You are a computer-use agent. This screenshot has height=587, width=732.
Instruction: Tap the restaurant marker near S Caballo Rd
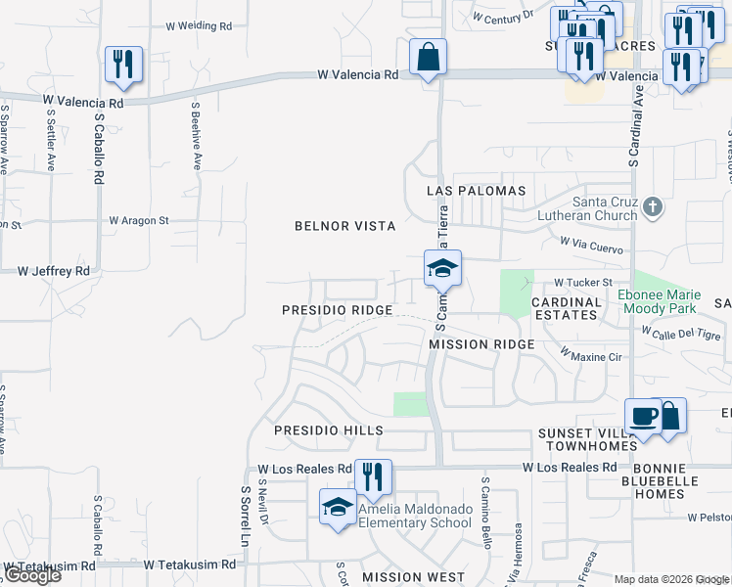click(123, 66)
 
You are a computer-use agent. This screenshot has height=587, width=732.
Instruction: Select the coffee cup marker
click(643, 417)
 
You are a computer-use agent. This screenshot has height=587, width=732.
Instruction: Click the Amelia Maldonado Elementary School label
click(415, 516)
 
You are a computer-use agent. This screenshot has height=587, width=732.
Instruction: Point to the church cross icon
click(654, 206)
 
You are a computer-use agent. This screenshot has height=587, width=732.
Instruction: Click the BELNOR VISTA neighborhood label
click(345, 226)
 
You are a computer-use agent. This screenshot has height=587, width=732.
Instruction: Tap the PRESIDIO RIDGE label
click(337, 310)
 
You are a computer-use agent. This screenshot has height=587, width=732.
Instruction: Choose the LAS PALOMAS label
click(476, 191)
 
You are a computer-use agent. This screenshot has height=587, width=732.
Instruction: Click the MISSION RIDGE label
click(481, 344)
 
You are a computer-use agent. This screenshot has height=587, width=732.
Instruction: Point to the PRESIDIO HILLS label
click(328, 430)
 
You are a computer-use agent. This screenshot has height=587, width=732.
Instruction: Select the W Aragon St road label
click(139, 221)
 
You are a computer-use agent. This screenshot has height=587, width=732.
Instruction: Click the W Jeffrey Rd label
click(53, 271)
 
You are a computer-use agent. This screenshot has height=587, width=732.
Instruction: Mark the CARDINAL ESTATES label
click(566, 308)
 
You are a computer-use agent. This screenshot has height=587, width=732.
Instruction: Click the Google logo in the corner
click(31, 575)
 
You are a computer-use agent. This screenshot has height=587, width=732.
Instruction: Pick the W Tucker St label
click(582, 283)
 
